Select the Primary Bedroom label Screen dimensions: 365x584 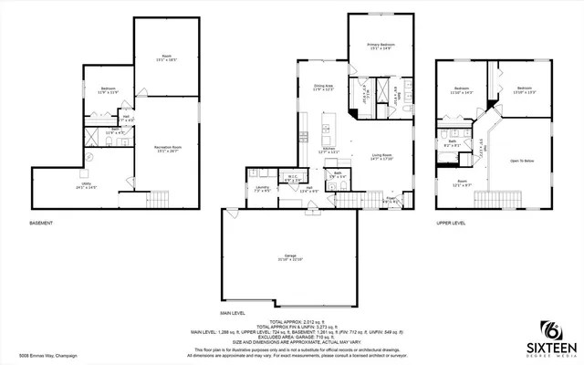click(x=381, y=47)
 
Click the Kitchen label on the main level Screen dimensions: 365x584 click(x=331, y=149)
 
